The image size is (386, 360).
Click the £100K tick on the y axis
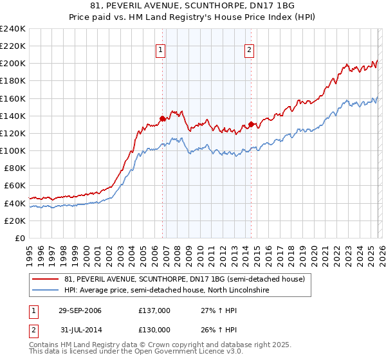click(13, 150)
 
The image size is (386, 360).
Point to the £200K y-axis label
click(13, 64)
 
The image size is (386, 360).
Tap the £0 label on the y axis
click(20, 238)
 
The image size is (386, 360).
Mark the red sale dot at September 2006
click(163, 118)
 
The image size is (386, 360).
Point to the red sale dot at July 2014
click(252, 125)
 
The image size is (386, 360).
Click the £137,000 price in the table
click(154, 311)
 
